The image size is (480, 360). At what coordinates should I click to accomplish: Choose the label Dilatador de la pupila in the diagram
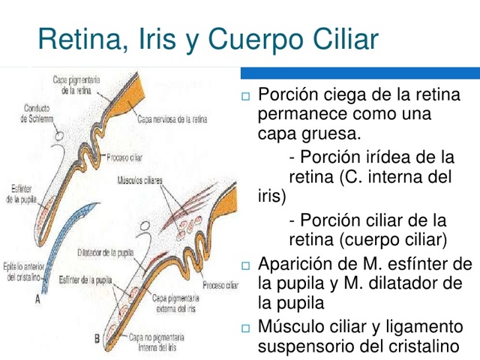coord(105,252)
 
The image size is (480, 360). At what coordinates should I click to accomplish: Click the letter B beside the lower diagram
coord(97,339)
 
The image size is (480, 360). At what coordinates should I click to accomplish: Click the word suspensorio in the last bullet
coord(307,346)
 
